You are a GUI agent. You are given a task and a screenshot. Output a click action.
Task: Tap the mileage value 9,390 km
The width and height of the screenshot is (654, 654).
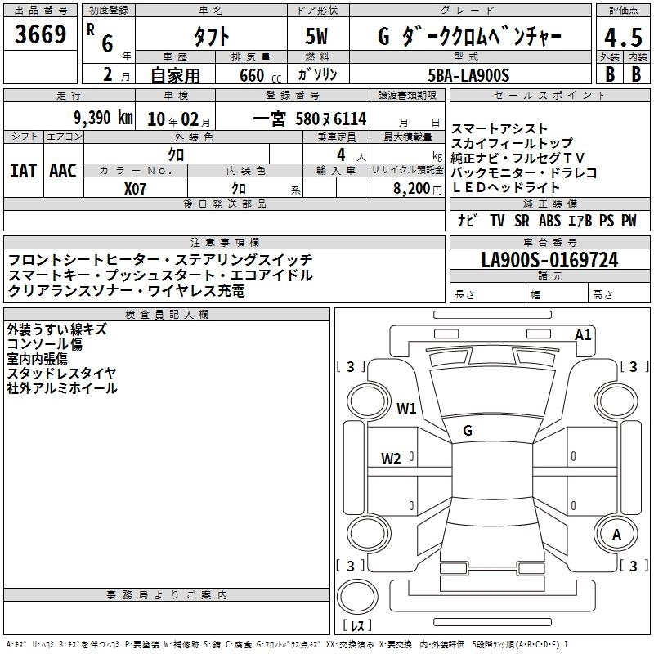tap(102, 118)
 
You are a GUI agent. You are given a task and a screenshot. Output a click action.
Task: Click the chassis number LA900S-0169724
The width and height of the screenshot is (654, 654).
tap(549, 261)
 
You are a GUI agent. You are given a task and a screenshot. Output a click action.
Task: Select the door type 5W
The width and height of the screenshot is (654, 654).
tap(316, 38)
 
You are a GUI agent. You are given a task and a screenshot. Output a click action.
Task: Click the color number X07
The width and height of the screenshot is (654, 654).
tap(135, 188)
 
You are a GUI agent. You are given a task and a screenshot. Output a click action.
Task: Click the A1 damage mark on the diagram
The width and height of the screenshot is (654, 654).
tap(583, 334)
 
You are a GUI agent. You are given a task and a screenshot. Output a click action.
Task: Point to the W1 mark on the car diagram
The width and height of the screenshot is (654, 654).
tap(406, 408)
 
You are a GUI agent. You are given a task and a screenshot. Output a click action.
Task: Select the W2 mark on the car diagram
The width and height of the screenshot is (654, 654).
tap(391, 458)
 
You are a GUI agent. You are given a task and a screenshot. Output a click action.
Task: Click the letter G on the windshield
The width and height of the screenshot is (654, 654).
tap(468, 431)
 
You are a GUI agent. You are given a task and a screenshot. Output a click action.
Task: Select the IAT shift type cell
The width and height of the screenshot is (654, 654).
tap(23, 170)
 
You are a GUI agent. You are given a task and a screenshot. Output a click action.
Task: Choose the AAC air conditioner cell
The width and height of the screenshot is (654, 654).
tap(62, 170)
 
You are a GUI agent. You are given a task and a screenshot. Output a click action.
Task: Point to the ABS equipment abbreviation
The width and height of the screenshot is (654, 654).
tap(549, 220)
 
